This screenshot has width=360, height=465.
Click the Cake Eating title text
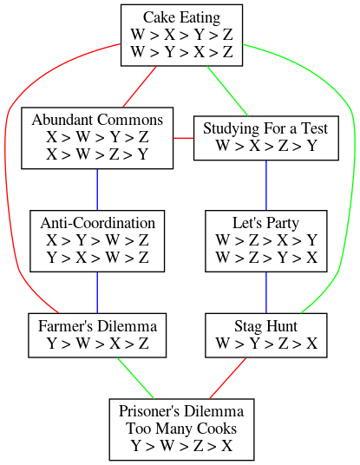pyautogui.click(x=182, y=17)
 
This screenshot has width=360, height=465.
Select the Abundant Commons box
pyautogui.click(x=97, y=138)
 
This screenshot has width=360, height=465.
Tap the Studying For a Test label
pyautogui.click(x=265, y=128)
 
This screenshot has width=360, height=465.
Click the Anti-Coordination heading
pyautogui.click(x=97, y=223)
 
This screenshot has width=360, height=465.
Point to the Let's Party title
pyautogui.click(x=265, y=223)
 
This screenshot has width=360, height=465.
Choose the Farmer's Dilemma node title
pyautogui.click(x=97, y=326)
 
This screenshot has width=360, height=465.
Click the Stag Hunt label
pyautogui.click(x=265, y=326)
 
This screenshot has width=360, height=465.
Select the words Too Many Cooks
pyautogui.click(x=181, y=429)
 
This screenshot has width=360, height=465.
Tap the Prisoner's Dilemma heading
pyautogui.click(x=181, y=411)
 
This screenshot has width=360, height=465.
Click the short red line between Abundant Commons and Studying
pyautogui.click(x=184, y=138)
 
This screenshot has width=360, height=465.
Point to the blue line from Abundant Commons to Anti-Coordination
pyautogui.click(x=97, y=190)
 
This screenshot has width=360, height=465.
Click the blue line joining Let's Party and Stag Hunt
pyautogui.click(x=266, y=292)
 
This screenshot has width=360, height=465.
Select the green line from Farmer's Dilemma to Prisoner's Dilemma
pyautogui.click(x=136, y=378)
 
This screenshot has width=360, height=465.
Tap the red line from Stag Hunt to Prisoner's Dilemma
pyautogui.click(x=227, y=378)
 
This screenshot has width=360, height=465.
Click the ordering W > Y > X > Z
pyautogui.click(x=182, y=52)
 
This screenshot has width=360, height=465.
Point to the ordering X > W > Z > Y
pyautogui.click(x=97, y=154)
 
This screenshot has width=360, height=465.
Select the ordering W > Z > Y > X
pyautogui.click(x=266, y=258)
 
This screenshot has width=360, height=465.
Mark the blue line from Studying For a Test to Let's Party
pyautogui.click(x=266, y=186)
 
